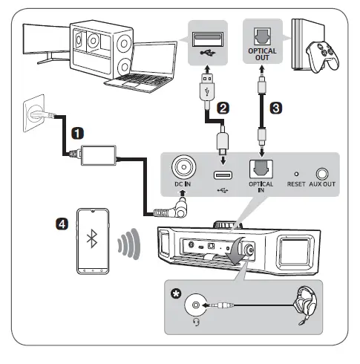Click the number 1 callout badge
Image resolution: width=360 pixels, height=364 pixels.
pyautogui.click(x=77, y=134)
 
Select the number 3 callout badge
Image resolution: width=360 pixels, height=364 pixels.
pyautogui.click(x=276, y=106)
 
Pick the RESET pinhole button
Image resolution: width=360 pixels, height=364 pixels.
pyautogui.click(x=297, y=171)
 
